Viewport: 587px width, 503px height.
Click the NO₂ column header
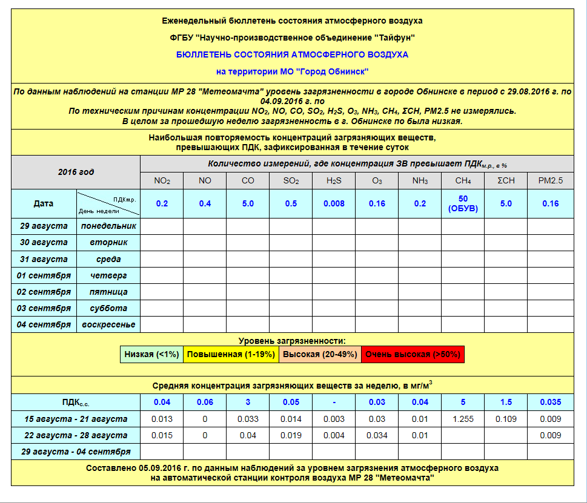(x=162, y=180)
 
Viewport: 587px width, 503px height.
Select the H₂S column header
(x=334, y=180)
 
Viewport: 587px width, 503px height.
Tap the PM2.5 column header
(x=551, y=180)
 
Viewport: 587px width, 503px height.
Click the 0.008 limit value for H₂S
(x=334, y=203)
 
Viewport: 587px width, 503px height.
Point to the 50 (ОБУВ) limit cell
(x=463, y=203)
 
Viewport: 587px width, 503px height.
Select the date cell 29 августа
(x=43, y=226)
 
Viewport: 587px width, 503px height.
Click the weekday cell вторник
(x=109, y=242)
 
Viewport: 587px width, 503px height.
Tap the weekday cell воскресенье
(x=109, y=324)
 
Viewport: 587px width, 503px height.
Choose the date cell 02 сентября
(x=43, y=292)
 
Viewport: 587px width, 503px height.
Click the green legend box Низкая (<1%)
(x=151, y=355)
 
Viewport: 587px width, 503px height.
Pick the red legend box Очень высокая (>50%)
(x=413, y=355)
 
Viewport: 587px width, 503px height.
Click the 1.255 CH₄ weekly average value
(x=463, y=419)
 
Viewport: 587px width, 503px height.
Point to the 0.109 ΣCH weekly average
(x=506, y=419)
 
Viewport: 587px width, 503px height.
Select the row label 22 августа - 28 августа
(x=76, y=435)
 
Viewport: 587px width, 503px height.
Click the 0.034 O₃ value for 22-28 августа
(x=377, y=435)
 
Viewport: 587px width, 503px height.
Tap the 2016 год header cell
(x=76, y=172)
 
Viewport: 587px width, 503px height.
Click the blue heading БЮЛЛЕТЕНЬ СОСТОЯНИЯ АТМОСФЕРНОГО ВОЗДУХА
(x=292, y=54)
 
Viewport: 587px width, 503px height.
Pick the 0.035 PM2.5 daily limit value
(x=551, y=402)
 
